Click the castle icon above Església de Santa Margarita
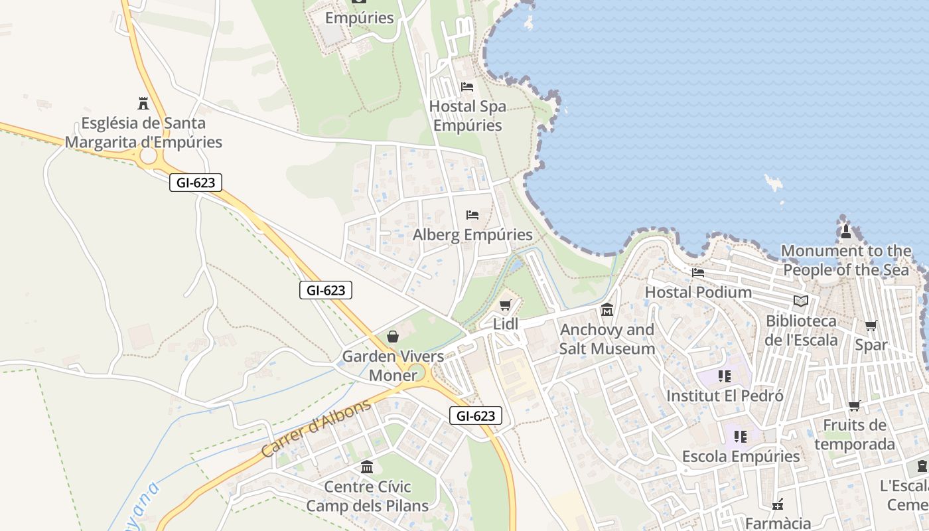143,104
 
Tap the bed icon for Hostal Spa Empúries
467,87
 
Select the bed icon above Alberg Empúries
472,215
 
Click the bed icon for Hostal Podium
698,272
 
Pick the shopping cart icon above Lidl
506,305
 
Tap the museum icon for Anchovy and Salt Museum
607,310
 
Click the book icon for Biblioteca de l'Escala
801,301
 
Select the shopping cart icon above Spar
871,325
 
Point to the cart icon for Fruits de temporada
855,406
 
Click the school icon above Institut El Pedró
725,376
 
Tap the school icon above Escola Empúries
741,437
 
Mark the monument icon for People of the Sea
846,232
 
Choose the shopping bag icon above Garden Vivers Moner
393,337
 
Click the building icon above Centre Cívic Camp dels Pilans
367,467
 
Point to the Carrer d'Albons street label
316,428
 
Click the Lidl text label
506,324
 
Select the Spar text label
871,345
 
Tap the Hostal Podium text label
698,292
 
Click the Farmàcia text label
778,523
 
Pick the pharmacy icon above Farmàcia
778,505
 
